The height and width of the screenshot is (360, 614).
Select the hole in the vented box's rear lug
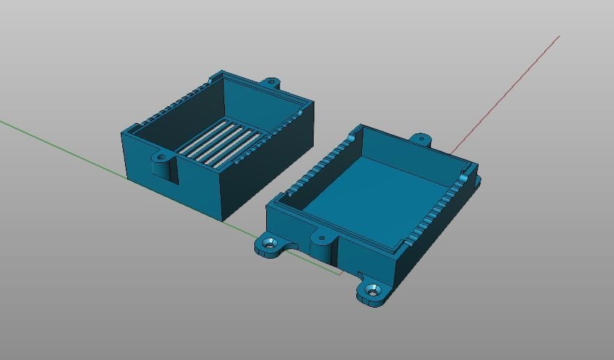click(271, 82)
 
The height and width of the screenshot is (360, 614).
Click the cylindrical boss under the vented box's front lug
click(163, 169)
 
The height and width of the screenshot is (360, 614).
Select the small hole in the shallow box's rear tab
click(421, 138)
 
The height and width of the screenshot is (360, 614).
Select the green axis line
click(63, 146)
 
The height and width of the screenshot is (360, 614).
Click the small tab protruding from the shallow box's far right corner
click(478, 181)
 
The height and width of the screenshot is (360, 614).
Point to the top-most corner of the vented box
click(223, 71)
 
